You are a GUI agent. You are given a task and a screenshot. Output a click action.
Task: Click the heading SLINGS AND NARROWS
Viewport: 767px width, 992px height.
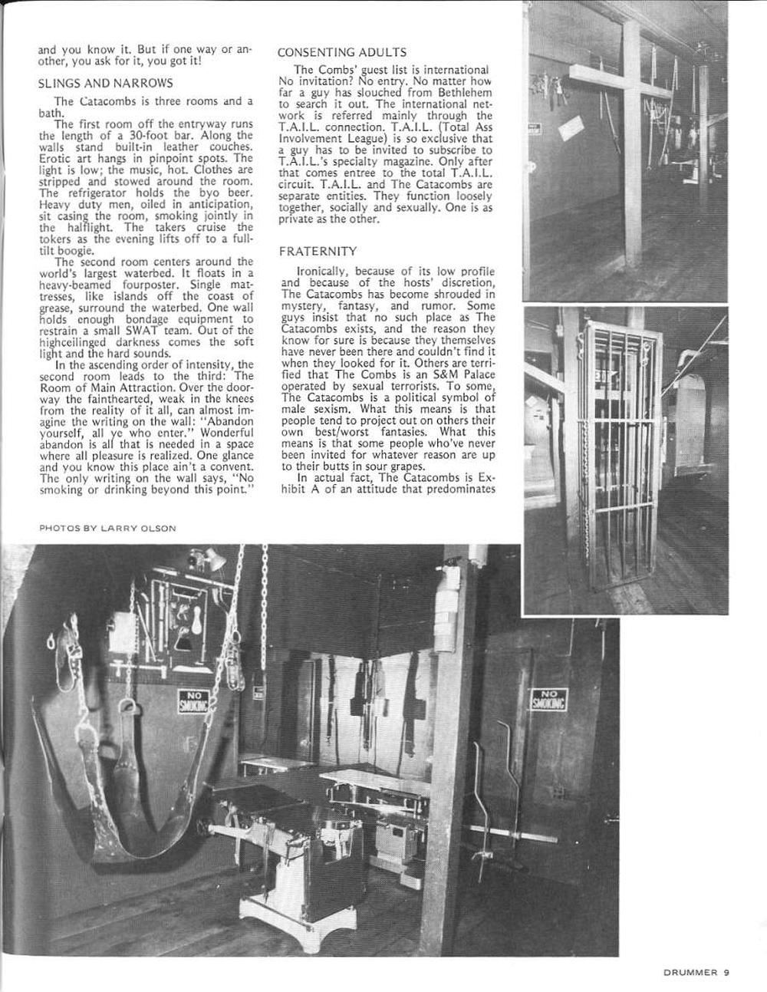click(105, 83)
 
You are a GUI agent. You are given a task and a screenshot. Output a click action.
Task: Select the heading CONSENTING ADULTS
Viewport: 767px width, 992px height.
click(342, 52)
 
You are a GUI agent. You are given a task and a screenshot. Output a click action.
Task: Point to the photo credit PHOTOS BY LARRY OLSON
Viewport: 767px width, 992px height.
click(107, 528)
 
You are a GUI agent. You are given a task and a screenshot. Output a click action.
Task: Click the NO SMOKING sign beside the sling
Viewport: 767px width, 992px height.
click(189, 700)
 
